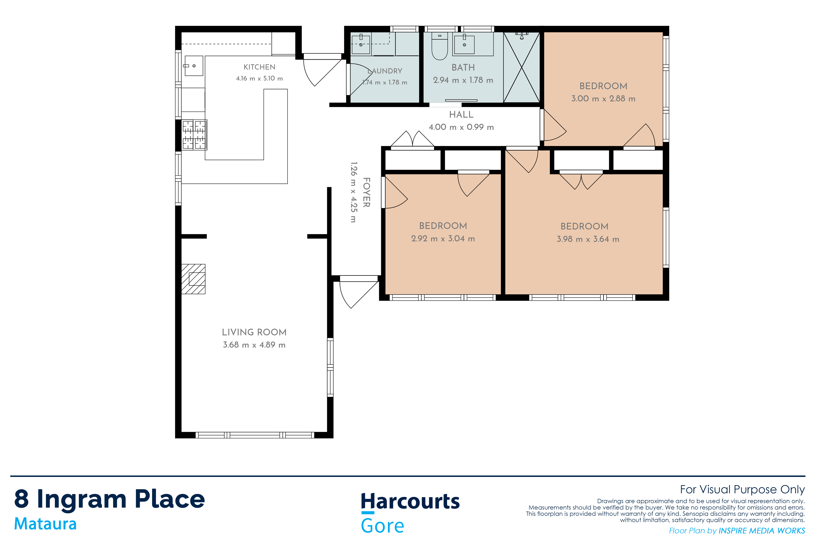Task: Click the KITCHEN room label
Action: pyautogui.click(x=259, y=67)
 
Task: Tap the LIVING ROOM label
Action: pyautogui.click(x=254, y=332)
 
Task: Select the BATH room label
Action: pyautogui.click(x=463, y=67)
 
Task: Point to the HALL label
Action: pyautogui.click(x=461, y=114)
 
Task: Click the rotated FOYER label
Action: pyautogui.click(x=366, y=192)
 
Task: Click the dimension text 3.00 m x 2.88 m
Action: pyautogui.click(x=603, y=98)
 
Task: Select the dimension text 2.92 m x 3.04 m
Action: pyautogui.click(x=443, y=239)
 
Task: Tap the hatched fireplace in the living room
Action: pyautogui.click(x=193, y=279)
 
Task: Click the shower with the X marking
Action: pyautogui.click(x=522, y=67)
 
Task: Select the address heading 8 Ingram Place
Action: pyautogui.click(x=109, y=499)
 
